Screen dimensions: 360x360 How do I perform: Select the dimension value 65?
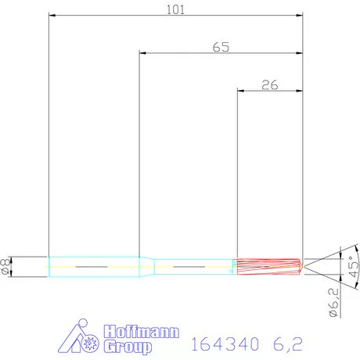click(221, 47)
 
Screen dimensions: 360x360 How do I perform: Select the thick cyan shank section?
click(92, 267)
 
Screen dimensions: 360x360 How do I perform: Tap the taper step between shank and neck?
click(147, 267)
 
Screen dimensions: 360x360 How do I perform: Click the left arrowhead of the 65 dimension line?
click(143, 53)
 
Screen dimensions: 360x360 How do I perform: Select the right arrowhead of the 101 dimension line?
click(301, 16)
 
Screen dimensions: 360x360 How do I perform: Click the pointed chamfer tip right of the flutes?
click(303, 267)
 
